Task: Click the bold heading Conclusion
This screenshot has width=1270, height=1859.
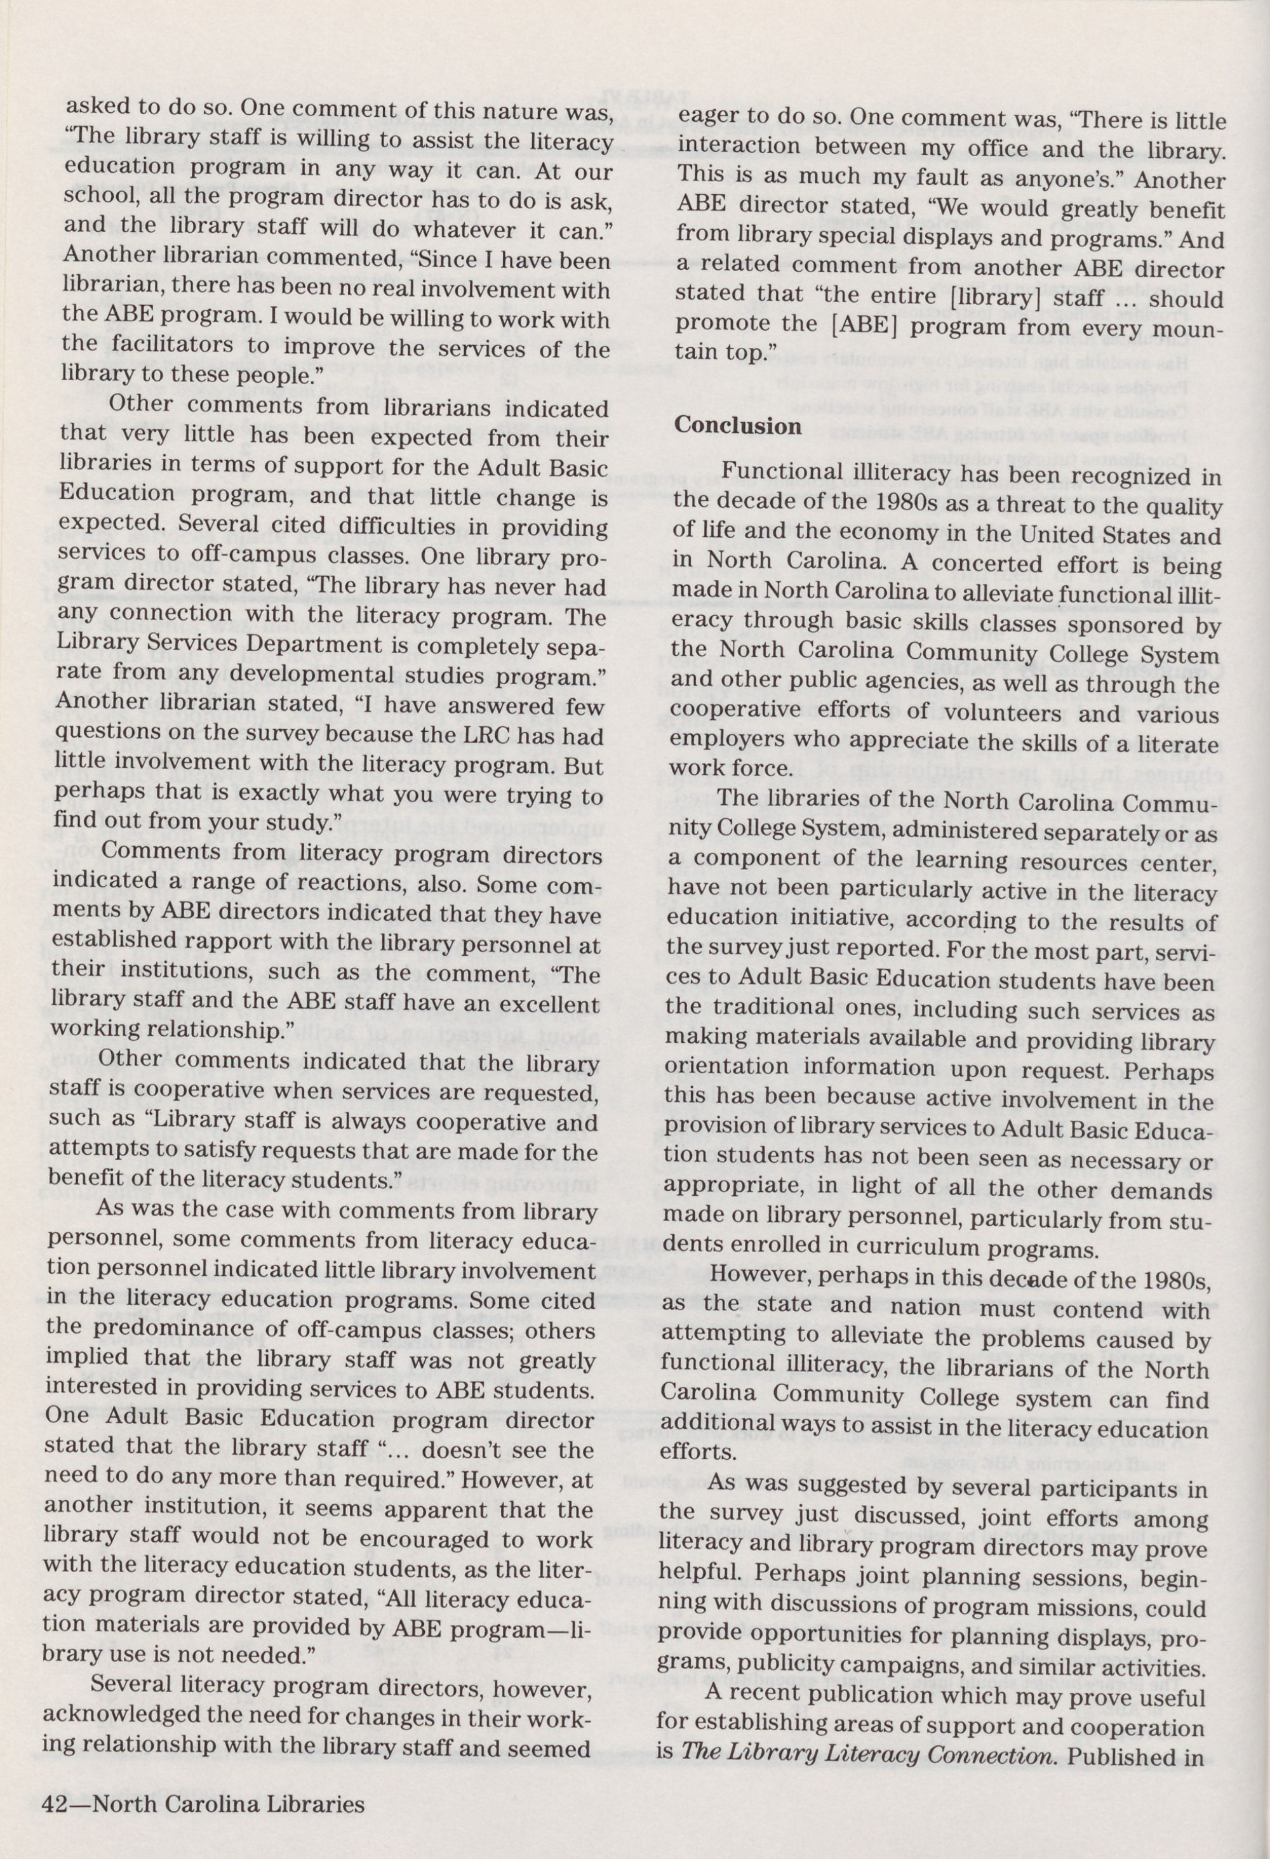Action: coord(738,425)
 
